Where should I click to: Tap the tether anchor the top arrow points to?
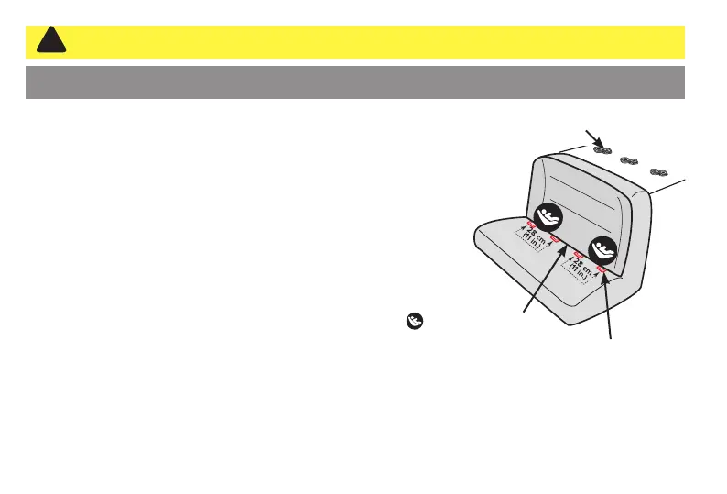[x=601, y=149]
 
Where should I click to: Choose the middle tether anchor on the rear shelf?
[x=629, y=160]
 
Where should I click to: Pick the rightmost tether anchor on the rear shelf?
[x=658, y=171]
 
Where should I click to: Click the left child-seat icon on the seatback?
[x=551, y=216]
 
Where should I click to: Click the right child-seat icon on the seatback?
[x=602, y=249]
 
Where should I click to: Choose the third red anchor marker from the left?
[x=578, y=253]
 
